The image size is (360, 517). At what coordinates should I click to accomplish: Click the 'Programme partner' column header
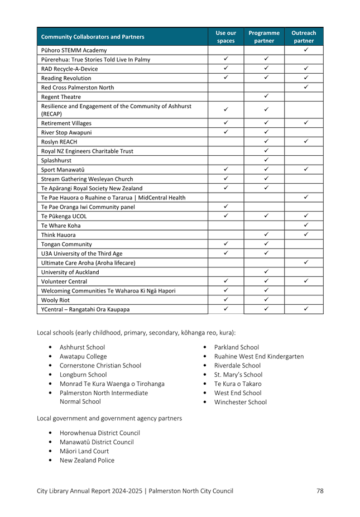pos(264,37)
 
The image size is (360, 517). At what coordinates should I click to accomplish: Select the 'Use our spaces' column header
pos(225,37)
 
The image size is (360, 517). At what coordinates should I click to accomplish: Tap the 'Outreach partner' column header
pos(304,37)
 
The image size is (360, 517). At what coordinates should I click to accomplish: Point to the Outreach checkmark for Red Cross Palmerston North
pos(306,87)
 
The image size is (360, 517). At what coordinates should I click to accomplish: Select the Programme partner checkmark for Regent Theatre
pos(266,97)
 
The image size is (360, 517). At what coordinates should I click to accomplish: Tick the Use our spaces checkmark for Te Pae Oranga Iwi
pos(226,207)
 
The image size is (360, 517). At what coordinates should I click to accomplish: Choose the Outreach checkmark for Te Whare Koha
pos(306,225)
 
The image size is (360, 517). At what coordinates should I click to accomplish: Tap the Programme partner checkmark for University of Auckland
pos(266,272)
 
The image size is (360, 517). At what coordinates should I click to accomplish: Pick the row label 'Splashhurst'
pos(56,160)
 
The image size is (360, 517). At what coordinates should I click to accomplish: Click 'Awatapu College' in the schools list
pos(83,356)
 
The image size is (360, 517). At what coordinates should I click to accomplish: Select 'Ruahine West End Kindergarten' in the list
pos(259,356)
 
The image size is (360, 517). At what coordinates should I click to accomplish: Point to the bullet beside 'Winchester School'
pos(207,402)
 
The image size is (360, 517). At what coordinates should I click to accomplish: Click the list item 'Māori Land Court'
pos(84,451)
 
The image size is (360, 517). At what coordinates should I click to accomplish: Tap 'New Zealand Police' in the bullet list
pos(87,460)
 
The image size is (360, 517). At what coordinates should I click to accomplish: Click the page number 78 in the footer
pos(320,491)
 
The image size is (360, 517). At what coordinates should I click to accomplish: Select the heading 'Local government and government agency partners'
pos(109,418)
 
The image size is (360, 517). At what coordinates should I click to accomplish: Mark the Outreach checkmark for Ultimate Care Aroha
pos(306,262)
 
